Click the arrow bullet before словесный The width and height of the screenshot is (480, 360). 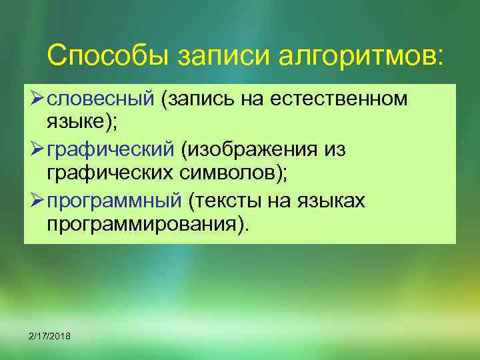[35, 99]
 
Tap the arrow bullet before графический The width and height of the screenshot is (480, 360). [35, 149]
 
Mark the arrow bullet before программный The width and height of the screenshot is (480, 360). [35, 199]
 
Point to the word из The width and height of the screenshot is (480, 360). [333, 149]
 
